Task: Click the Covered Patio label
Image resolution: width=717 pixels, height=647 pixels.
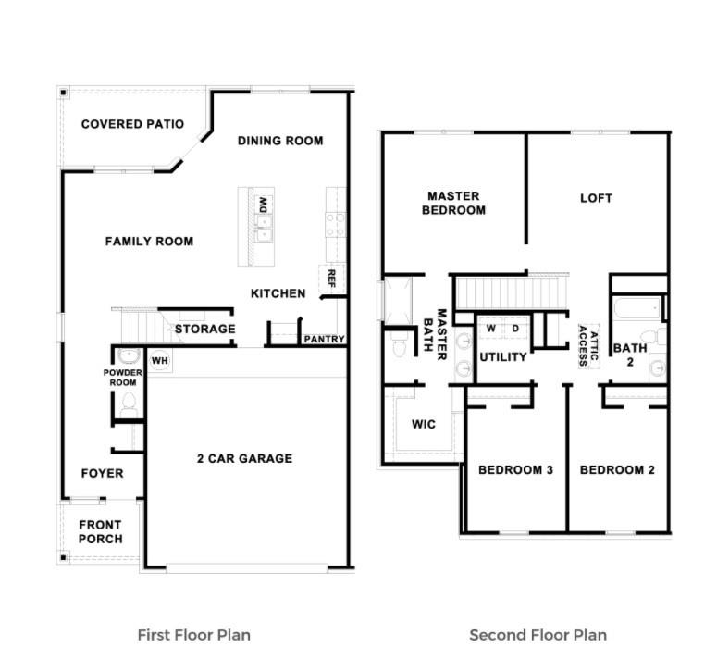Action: click(x=132, y=124)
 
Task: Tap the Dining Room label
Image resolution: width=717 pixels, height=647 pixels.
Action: click(x=280, y=141)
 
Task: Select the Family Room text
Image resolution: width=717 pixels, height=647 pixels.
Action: click(x=149, y=242)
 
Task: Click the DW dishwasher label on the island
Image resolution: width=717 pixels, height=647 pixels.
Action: click(x=263, y=204)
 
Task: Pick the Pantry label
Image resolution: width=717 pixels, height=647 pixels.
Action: click(x=324, y=340)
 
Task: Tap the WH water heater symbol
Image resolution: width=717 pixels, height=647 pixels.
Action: click(x=159, y=360)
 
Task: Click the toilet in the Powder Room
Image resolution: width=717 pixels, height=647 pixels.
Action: click(x=129, y=404)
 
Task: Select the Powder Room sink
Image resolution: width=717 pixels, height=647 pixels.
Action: click(x=128, y=356)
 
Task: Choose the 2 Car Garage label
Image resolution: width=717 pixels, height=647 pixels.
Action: click(x=244, y=458)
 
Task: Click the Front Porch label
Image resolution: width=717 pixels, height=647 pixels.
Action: click(x=100, y=532)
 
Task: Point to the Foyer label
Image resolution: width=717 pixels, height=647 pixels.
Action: click(x=102, y=473)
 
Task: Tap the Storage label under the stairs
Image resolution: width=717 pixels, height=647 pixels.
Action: click(x=204, y=329)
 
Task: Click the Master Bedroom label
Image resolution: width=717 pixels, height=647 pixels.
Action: click(x=453, y=203)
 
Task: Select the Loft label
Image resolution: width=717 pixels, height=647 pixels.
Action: click(x=596, y=198)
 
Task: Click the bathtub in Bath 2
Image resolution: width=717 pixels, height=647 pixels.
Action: click(x=637, y=307)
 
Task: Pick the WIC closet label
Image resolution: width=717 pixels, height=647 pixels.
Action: click(x=424, y=425)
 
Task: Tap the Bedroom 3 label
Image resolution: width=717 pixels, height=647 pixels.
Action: click(x=515, y=470)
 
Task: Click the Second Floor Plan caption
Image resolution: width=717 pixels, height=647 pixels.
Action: click(x=538, y=634)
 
